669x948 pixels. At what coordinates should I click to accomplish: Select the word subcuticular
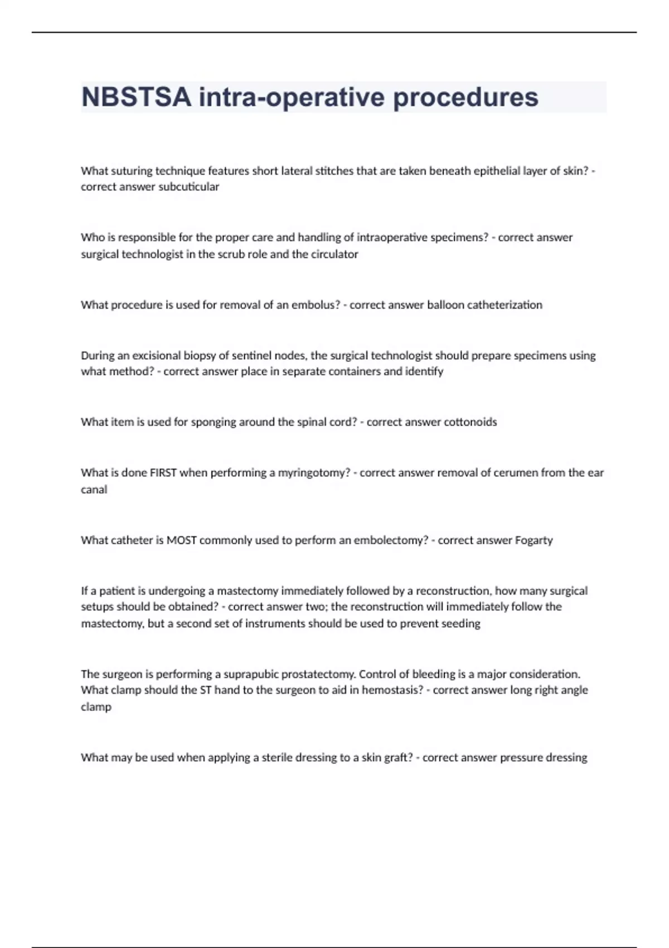(188, 187)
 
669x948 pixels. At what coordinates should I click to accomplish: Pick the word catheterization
(504, 304)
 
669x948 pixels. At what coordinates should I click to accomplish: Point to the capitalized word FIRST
(163, 472)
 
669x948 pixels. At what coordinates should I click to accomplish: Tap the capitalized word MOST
(181, 540)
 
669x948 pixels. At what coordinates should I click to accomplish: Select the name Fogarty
(534, 540)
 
